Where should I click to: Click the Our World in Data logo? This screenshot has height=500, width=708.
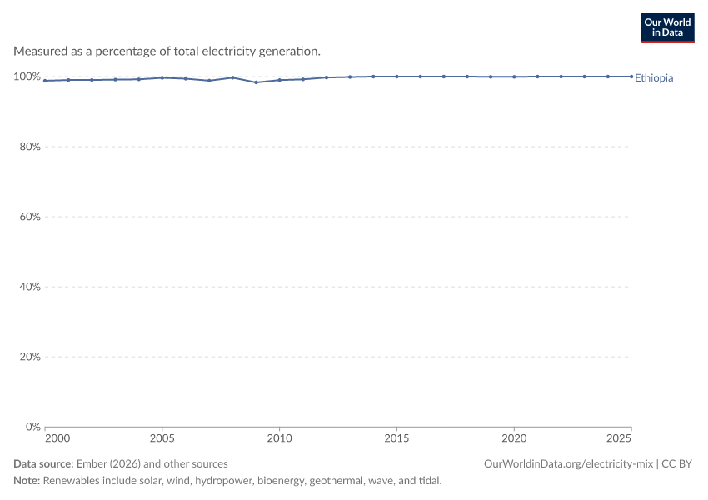point(667,28)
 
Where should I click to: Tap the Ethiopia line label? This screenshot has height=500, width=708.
point(654,78)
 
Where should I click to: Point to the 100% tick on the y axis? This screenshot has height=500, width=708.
point(27,77)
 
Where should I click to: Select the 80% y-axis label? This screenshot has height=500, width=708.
point(30,147)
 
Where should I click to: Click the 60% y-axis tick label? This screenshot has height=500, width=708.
point(30,217)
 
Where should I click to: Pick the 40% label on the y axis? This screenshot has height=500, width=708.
point(30,287)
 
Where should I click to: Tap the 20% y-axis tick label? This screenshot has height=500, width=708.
point(30,357)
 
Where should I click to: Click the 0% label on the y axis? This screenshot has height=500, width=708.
point(33,427)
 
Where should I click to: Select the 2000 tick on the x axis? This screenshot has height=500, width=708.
point(57,438)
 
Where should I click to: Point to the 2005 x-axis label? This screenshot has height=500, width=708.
point(162,438)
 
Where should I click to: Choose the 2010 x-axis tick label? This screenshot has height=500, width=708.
point(280,438)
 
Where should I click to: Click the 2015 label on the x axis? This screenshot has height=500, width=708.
point(396,438)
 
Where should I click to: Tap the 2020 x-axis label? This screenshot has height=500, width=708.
point(514,438)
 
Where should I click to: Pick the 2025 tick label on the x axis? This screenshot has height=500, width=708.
point(619,438)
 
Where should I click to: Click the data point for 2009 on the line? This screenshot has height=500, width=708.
point(256,82)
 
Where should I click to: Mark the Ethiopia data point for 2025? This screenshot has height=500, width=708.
point(631,77)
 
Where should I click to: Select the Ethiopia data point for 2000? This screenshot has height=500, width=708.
point(45,81)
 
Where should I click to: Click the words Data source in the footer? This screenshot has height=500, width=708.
point(43,464)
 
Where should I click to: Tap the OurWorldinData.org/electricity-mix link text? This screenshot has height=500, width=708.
point(568,464)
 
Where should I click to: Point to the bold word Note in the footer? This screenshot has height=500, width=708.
point(27,481)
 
